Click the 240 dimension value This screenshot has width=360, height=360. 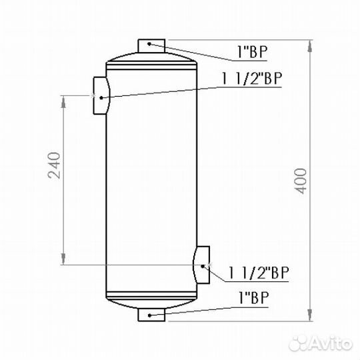point(54,165)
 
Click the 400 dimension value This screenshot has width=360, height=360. point(301,181)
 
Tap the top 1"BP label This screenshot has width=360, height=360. point(252,52)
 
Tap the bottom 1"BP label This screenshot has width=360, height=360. point(253,298)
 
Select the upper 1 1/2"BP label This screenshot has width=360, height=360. point(251,79)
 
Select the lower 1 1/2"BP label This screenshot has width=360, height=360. point(258,273)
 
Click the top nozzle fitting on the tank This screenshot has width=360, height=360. point(151,46)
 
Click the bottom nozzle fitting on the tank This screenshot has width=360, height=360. point(151,315)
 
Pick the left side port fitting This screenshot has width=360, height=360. point(101,95)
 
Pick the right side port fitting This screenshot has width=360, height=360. point(202,265)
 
